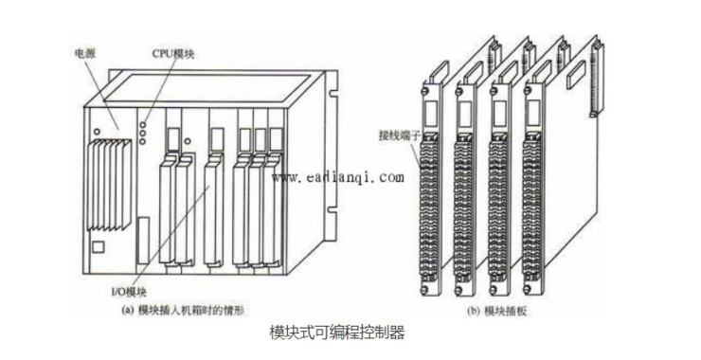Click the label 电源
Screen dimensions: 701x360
click(x=84, y=54)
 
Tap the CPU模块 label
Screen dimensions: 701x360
click(x=172, y=54)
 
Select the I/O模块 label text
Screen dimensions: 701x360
click(x=128, y=293)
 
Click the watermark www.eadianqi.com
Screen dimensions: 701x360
click(x=338, y=177)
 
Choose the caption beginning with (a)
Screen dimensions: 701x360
click(x=183, y=310)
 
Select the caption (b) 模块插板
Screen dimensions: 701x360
click(x=496, y=312)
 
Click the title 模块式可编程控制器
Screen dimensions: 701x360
click(x=337, y=333)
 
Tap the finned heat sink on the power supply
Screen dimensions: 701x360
click(x=109, y=184)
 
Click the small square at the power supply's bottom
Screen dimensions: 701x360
click(x=99, y=247)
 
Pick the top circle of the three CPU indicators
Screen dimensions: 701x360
click(x=142, y=125)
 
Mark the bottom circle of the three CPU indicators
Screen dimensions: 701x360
click(x=142, y=141)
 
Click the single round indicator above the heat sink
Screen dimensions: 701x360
click(x=97, y=132)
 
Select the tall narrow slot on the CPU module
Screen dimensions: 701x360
click(x=143, y=241)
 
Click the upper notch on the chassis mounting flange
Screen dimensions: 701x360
click(x=333, y=94)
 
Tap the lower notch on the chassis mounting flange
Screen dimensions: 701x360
click(x=332, y=209)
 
